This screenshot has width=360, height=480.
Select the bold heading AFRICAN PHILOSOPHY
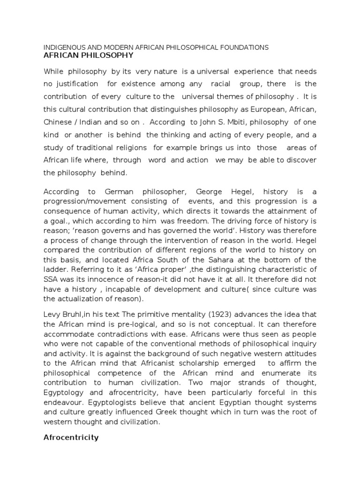(88, 55)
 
